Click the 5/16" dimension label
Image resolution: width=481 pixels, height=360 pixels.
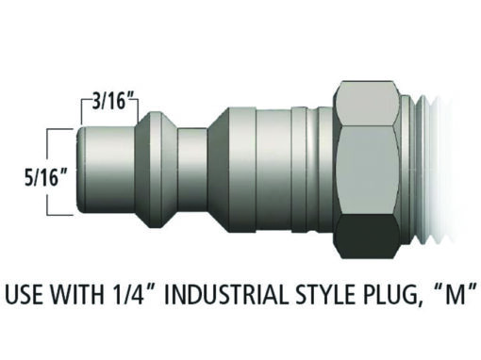[x=46, y=177]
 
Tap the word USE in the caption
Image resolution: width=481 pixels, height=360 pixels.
[x=24, y=295]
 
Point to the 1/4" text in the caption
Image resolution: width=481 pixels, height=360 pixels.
[x=134, y=294]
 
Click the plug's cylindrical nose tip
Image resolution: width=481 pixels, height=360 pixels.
[x=107, y=170]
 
